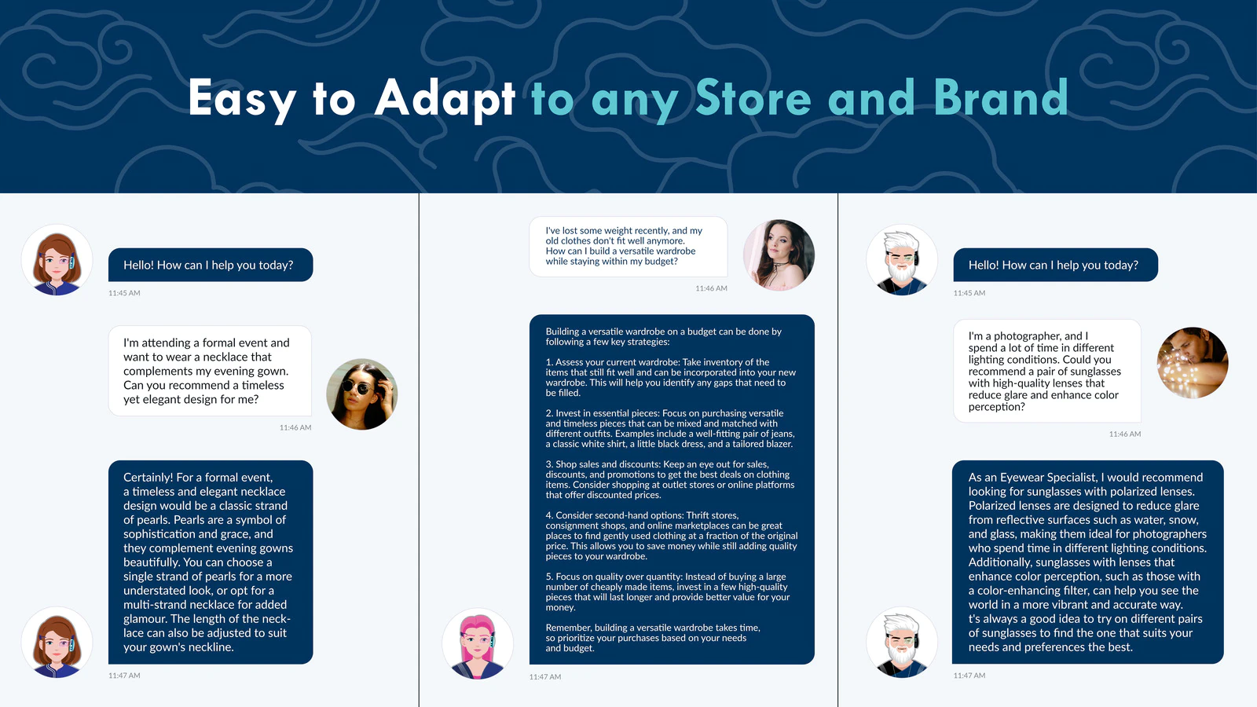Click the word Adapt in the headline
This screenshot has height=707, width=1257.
[445, 99]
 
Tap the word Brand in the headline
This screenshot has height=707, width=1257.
[1001, 97]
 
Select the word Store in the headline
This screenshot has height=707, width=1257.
[753, 97]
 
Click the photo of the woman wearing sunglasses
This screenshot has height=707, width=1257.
[362, 394]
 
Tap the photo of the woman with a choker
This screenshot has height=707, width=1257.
[779, 255]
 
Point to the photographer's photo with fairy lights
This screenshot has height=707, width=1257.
[1193, 362]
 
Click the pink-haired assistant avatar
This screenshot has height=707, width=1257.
[478, 644]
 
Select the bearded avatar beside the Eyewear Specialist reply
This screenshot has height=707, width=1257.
[902, 643]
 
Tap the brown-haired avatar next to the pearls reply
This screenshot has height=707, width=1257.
[57, 643]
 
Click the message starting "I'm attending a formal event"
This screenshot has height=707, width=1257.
[210, 371]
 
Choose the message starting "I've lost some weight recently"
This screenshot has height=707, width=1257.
[628, 247]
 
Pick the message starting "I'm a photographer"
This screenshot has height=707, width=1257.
[1047, 371]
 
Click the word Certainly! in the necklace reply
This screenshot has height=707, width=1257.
[148, 478]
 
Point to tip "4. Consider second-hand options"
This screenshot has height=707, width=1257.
[671, 536]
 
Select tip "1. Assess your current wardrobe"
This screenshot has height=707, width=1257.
[671, 378]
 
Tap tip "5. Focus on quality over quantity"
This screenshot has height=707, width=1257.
[667, 592]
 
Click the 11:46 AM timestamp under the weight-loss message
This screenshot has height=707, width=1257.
[711, 288]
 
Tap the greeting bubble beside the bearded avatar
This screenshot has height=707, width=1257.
[1056, 265]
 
